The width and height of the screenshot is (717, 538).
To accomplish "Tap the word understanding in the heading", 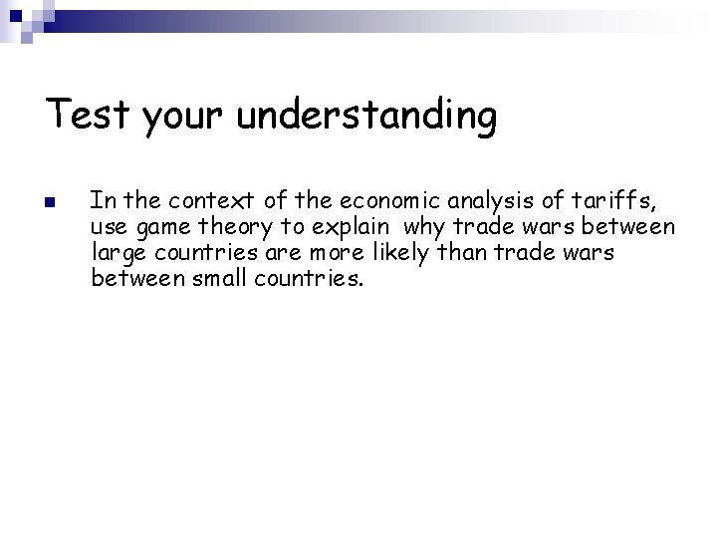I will click(x=367, y=118).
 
